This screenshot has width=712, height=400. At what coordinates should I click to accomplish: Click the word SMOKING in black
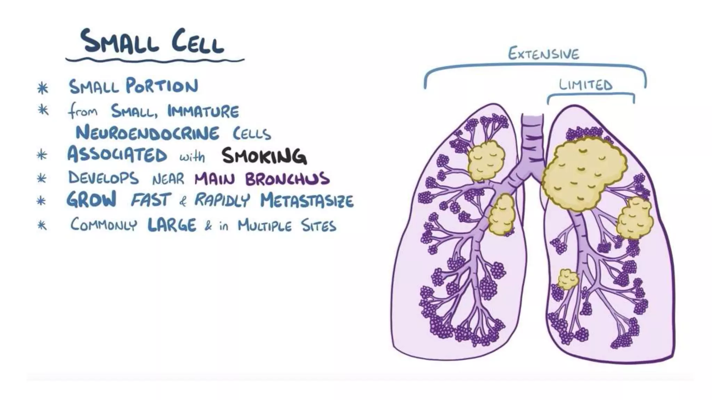point(264,156)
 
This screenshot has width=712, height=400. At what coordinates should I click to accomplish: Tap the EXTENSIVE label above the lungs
point(543,54)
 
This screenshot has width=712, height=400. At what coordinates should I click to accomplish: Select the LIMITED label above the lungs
point(585,85)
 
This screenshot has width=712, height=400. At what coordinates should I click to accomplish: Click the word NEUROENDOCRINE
point(147,133)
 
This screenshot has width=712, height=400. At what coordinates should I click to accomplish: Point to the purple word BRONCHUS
point(287,179)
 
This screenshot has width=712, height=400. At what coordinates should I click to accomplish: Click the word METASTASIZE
point(307,201)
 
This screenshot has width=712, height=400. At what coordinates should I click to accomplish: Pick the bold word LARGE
point(172,225)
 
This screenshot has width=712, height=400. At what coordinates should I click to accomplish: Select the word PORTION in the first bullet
point(162,86)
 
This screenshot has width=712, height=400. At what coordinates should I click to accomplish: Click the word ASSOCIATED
point(117,155)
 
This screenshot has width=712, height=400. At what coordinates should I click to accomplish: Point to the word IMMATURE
point(203,111)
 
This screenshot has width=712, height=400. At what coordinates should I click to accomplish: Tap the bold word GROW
point(91,200)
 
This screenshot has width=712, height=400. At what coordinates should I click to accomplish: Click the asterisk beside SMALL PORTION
point(42,88)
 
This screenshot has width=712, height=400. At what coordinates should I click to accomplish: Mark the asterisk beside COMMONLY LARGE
point(42,226)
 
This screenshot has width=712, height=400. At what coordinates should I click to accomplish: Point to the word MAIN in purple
point(215,179)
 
